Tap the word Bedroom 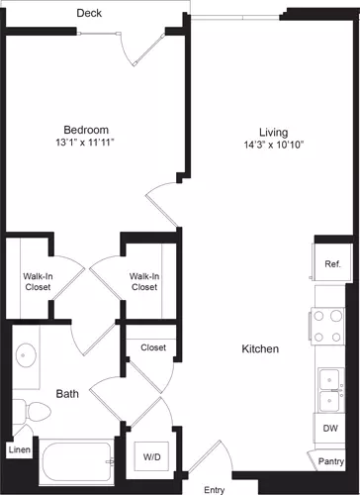point(86,130)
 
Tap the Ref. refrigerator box point(331,263)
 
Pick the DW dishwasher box point(330,429)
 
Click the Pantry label point(331,460)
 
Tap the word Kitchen point(259,349)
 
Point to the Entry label point(214,489)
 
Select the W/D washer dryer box point(152,457)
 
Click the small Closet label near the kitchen point(152,347)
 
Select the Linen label point(20,450)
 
